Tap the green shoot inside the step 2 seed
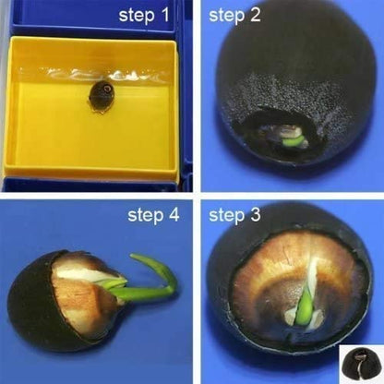coord(293,141)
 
